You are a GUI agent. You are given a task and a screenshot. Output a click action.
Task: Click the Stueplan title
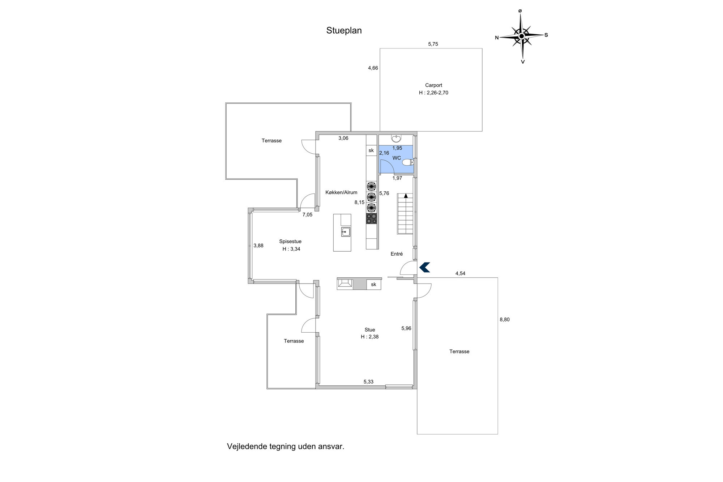[x=344, y=31]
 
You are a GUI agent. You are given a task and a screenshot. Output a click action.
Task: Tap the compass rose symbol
[x=521, y=36]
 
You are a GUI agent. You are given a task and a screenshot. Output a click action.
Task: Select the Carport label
[x=433, y=85]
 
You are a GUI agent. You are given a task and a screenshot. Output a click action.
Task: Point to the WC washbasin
[x=397, y=138]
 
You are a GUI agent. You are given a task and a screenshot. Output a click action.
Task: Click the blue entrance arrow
[x=424, y=267]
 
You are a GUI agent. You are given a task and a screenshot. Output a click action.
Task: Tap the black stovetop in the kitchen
[x=371, y=218]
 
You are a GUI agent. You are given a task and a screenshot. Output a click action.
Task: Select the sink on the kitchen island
[x=346, y=232]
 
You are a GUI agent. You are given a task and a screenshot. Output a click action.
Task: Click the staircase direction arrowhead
[x=406, y=196]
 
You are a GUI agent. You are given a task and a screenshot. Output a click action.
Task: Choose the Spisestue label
[x=290, y=242]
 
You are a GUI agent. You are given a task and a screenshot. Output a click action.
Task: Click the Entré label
[x=397, y=254]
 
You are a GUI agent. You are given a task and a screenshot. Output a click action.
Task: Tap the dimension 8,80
[x=505, y=320]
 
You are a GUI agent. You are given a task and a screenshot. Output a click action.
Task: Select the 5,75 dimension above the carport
[x=433, y=44]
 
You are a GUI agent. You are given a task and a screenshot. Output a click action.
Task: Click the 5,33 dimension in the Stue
[x=368, y=382]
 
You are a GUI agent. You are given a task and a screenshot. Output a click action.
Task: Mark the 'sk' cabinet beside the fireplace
[x=373, y=285]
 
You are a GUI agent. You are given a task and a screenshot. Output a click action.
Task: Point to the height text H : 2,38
[x=369, y=337]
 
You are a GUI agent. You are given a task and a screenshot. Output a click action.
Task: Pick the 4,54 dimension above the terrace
[x=460, y=274]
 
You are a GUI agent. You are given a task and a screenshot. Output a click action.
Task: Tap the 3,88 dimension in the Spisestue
[x=258, y=246]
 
